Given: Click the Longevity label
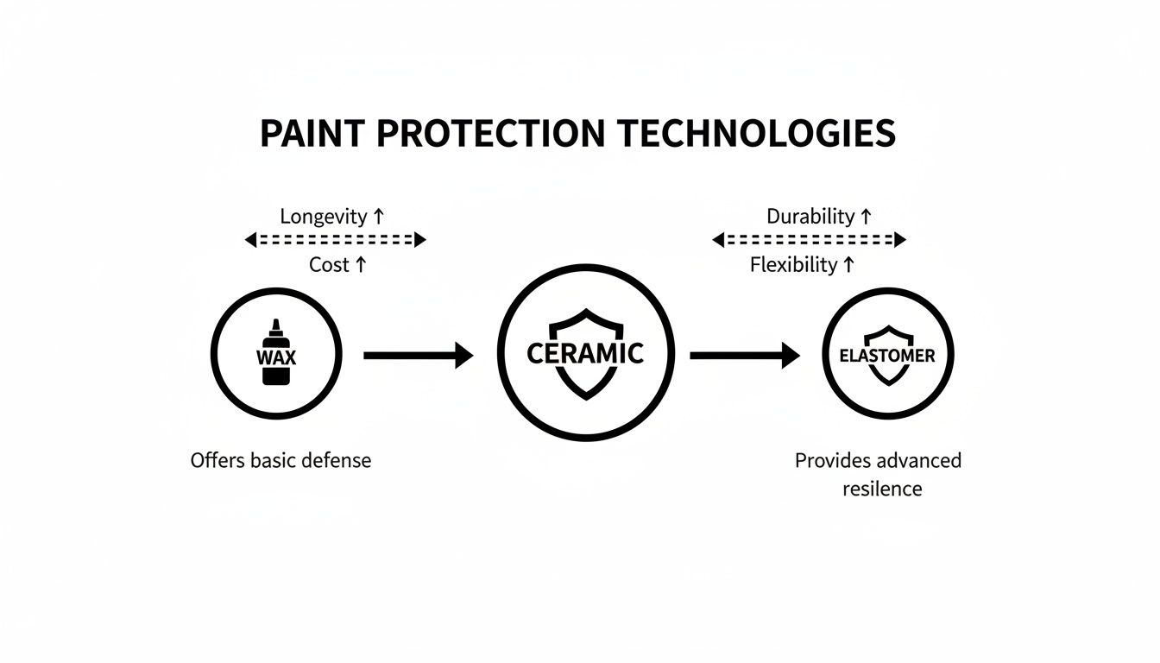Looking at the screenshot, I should click(323, 216).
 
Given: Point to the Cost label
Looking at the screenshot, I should click(329, 265).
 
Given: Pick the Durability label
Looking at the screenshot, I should click(810, 216).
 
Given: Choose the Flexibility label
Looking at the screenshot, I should click(793, 265).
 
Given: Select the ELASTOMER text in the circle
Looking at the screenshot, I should click(886, 355).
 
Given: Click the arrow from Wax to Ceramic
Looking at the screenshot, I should click(419, 355).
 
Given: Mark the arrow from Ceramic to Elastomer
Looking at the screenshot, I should click(745, 355).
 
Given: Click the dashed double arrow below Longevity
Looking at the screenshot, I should click(336, 240).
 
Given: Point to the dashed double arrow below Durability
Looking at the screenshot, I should click(809, 240).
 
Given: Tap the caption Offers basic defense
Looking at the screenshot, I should click(281, 460).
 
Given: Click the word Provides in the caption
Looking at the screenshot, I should click(832, 460).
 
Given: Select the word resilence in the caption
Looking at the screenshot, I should click(881, 489).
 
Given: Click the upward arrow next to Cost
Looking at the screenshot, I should click(361, 265).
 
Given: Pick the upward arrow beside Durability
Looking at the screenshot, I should click(866, 216).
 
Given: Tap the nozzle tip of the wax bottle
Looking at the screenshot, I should click(275, 324).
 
